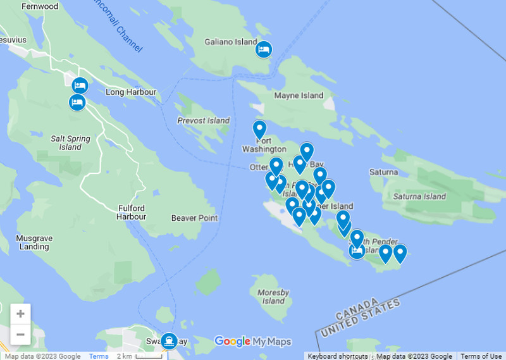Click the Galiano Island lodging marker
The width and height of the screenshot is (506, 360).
[x=264, y=49]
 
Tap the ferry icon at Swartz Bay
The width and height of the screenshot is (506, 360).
[x=169, y=340]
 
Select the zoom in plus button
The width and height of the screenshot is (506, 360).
[x=21, y=314]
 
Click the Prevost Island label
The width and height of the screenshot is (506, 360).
[x=203, y=120]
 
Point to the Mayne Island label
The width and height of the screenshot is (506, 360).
[x=299, y=96]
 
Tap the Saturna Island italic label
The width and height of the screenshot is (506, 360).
[x=419, y=196]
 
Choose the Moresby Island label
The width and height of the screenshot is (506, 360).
[x=273, y=297]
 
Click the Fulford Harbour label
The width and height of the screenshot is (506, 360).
[x=132, y=212]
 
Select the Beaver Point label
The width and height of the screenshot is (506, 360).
[x=194, y=218]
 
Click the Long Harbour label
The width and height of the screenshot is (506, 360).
[x=131, y=92]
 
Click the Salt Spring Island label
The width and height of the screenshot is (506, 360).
[x=70, y=142]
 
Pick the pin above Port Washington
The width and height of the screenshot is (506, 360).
[x=259, y=128]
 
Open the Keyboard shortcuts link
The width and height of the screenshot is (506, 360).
[x=338, y=356]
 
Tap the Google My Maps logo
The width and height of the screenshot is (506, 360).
[x=253, y=342]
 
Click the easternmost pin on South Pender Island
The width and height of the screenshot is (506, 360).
[x=400, y=253]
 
